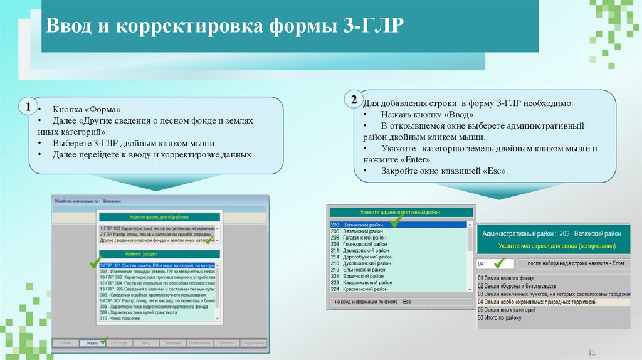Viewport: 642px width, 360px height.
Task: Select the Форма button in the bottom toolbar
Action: (x=93, y=343)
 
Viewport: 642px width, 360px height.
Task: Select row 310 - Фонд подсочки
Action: (x=123, y=318)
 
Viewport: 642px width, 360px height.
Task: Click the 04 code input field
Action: (x=489, y=263)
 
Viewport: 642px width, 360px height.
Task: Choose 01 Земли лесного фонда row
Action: (x=508, y=277)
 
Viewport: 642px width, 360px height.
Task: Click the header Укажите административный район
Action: (x=400, y=213)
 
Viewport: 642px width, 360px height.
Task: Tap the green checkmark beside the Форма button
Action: (x=104, y=339)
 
